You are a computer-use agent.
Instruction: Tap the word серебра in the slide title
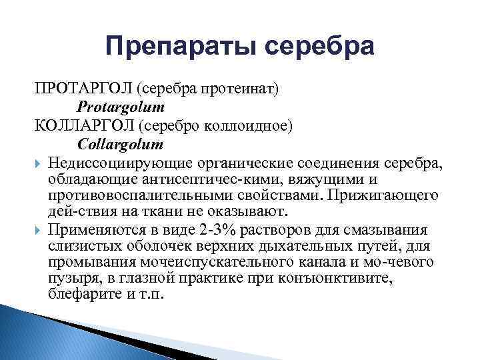point(319,47)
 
